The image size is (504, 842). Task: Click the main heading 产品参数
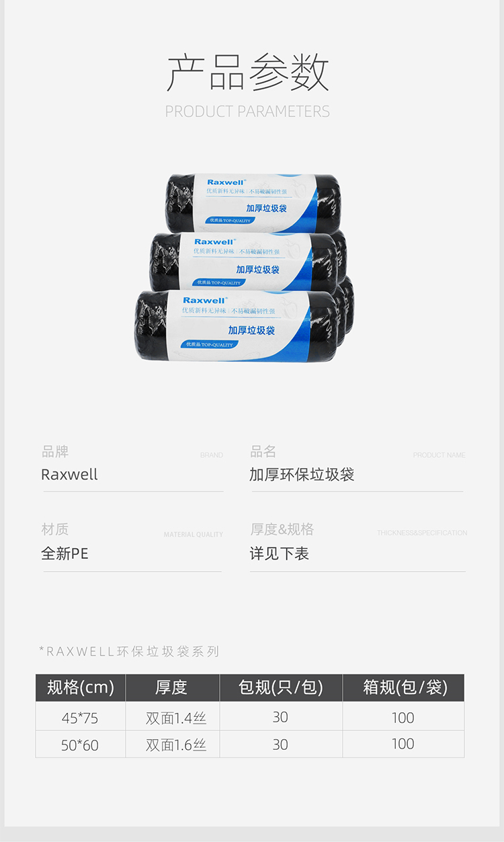[x=248, y=72]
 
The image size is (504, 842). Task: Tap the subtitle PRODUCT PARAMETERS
[x=247, y=112]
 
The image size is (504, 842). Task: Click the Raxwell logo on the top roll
[x=226, y=182]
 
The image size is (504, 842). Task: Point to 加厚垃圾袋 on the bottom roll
[x=251, y=330]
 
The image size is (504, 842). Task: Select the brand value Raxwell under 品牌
[x=69, y=475]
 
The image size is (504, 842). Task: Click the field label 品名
[x=263, y=451]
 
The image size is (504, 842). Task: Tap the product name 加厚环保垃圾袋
[x=302, y=475]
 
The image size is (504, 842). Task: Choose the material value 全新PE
[x=65, y=554]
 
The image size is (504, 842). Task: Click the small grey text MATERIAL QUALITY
[x=193, y=535]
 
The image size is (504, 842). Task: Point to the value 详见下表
[x=279, y=554]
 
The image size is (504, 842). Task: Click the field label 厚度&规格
[x=282, y=530]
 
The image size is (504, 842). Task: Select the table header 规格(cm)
[x=81, y=687]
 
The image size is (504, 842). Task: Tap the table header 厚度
[x=171, y=687]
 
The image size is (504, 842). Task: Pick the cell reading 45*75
[x=80, y=718]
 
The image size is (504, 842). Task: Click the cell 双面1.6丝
[x=176, y=745]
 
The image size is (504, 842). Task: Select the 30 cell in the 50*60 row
[x=280, y=744]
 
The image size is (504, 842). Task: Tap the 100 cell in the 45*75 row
[x=403, y=718]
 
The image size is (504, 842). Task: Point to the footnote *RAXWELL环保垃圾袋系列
[x=130, y=651]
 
